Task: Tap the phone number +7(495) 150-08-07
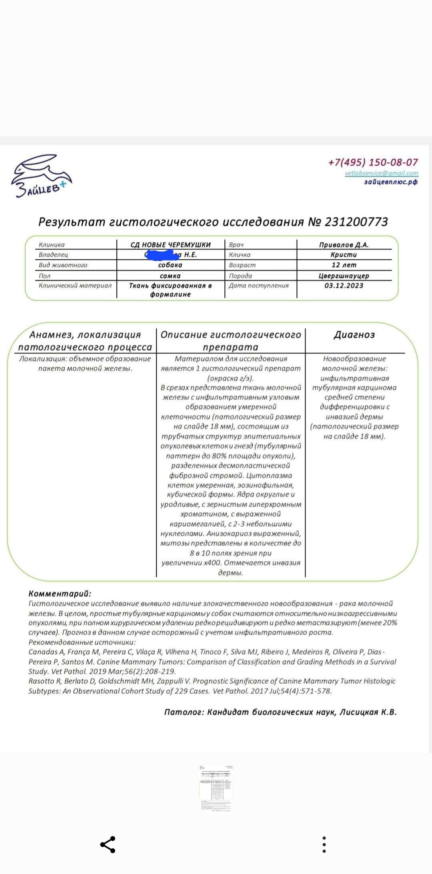tap(373, 162)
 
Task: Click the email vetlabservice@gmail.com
tap(381, 173)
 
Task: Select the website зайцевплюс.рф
tap(390, 182)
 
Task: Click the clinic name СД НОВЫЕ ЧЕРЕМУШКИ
tap(170, 245)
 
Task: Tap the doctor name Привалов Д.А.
tap(344, 245)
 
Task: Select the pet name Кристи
tap(344, 255)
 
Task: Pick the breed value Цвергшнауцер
tap(344, 276)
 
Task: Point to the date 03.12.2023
tap(344, 285)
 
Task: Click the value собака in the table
tap(170, 265)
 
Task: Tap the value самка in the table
tap(170, 276)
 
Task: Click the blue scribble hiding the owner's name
tap(162, 255)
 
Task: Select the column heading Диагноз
tap(354, 335)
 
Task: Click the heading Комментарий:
tap(60, 594)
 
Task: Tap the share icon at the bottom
tap(108, 844)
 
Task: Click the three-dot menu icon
tap(324, 844)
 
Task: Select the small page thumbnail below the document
tap(216, 788)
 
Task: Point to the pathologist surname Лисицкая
tap(358, 712)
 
